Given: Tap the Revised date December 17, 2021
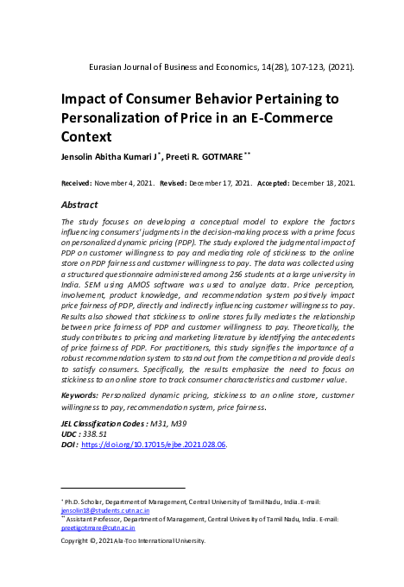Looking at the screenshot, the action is click(219, 184).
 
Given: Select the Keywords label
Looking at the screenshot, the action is click(79, 394).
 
